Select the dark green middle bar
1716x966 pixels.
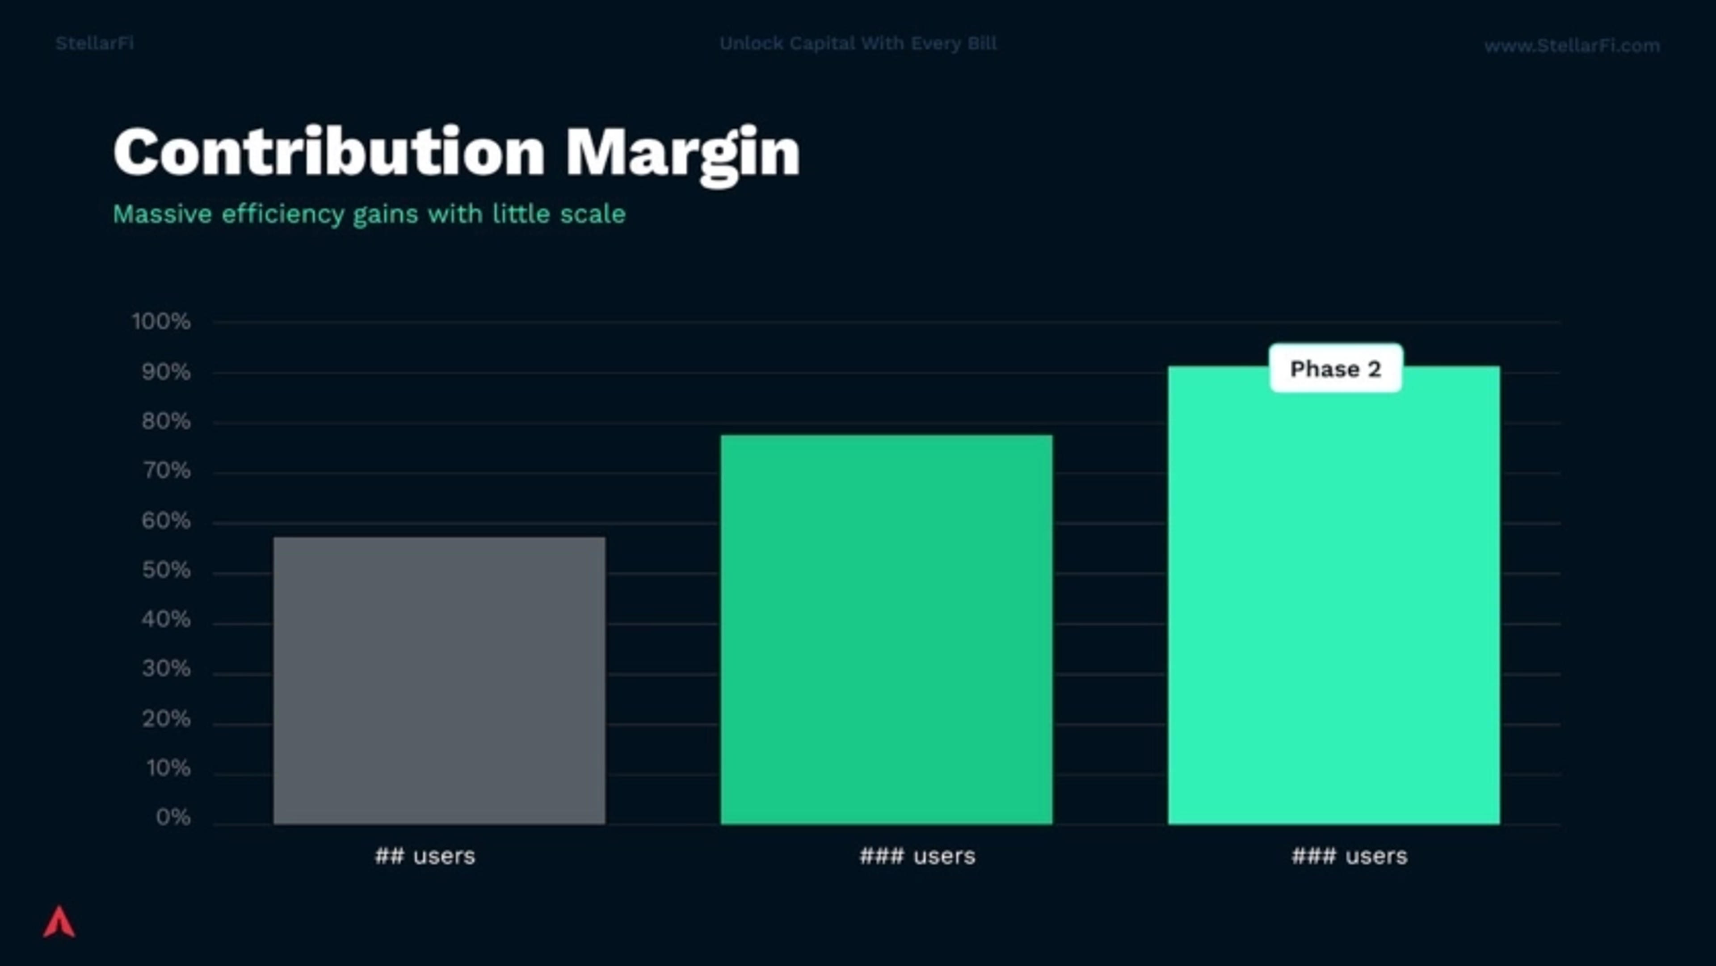pyautogui.click(x=887, y=630)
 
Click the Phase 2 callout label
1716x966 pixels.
pyautogui.click(x=1336, y=369)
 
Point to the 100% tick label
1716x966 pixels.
pyautogui.click(x=161, y=322)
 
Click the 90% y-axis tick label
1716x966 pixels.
pyautogui.click(x=166, y=372)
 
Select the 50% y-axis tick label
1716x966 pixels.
pyautogui.click(x=166, y=570)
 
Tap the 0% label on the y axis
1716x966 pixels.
pyautogui.click(x=173, y=817)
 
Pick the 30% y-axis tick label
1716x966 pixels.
pyautogui.click(x=166, y=669)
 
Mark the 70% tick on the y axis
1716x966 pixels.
pyautogui.click(x=166, y=471)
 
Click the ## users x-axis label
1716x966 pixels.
pyautogui.click(x=425, y=856)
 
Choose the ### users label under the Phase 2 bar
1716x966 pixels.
pyautogui.click(x=1350, y=856)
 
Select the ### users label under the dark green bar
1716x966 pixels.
pyautogui.click(x=917, y=856)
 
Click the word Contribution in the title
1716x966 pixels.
pyautogui.click(x=329, y=153)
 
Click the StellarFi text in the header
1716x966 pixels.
pyautogui.click(x=95, y=43)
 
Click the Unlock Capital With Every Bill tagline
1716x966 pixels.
pyautogui.click(x=858, y=43)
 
